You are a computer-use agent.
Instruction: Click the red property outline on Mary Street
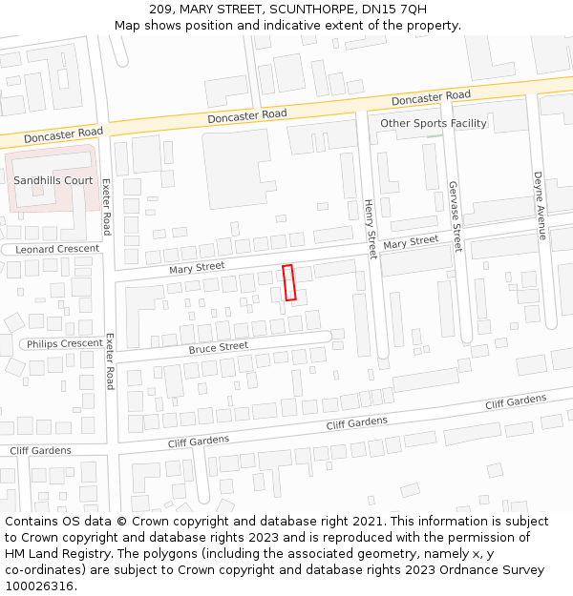289,283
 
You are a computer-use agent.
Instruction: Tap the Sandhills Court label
53,180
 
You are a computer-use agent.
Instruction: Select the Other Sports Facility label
434,123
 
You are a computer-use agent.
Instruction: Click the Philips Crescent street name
64,343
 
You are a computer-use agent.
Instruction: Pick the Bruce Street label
218,348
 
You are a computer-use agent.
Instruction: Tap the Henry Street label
371,227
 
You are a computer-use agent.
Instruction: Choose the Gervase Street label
456,216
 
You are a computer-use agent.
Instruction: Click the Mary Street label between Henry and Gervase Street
411,244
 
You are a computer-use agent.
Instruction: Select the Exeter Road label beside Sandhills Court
106,207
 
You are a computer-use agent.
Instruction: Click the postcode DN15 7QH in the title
394,10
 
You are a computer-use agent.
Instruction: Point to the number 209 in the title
160,10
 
